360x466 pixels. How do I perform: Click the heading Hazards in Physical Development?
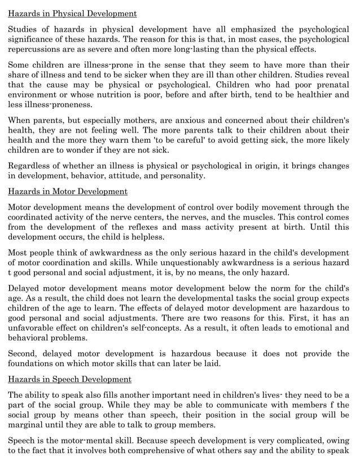(x=72, y=13)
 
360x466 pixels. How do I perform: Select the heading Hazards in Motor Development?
(x=68, y=192)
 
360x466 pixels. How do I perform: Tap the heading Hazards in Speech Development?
(x=70, y=379)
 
